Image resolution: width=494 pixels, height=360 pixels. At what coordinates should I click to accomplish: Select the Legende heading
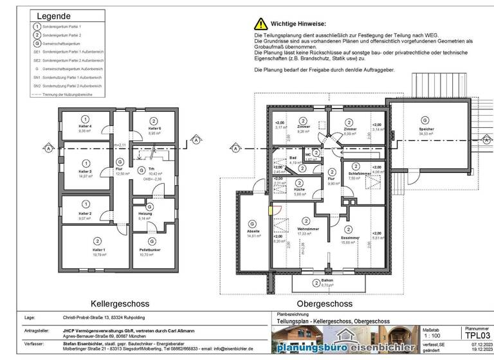(55, 16)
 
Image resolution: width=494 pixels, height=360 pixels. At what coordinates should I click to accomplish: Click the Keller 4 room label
(85, 126)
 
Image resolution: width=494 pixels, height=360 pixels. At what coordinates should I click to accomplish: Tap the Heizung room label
(145, 214)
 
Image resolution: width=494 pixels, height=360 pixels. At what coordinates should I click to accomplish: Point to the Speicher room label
(425, 129)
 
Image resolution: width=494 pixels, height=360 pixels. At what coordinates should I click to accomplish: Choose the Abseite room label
(253, 231)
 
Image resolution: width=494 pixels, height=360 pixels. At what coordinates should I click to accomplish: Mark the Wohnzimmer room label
(309, 230)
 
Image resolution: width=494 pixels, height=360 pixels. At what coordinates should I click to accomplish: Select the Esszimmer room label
(349, 237)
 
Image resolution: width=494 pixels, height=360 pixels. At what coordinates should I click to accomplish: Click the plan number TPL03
(477, 335)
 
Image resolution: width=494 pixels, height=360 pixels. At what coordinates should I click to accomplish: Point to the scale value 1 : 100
(433, 336)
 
